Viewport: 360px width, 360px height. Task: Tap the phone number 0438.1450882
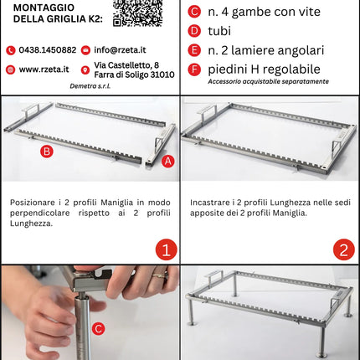(47, 50)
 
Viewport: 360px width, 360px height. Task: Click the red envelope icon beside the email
(87, 50)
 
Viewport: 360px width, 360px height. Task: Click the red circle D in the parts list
(194, 31)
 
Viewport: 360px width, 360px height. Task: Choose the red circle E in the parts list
(194, 50)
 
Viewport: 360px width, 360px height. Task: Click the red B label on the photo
(47, 152)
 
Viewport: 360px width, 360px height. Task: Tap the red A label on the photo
(167, 161)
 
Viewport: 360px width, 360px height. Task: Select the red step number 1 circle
(165, 249)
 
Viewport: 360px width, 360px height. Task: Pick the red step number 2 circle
(343, 249)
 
